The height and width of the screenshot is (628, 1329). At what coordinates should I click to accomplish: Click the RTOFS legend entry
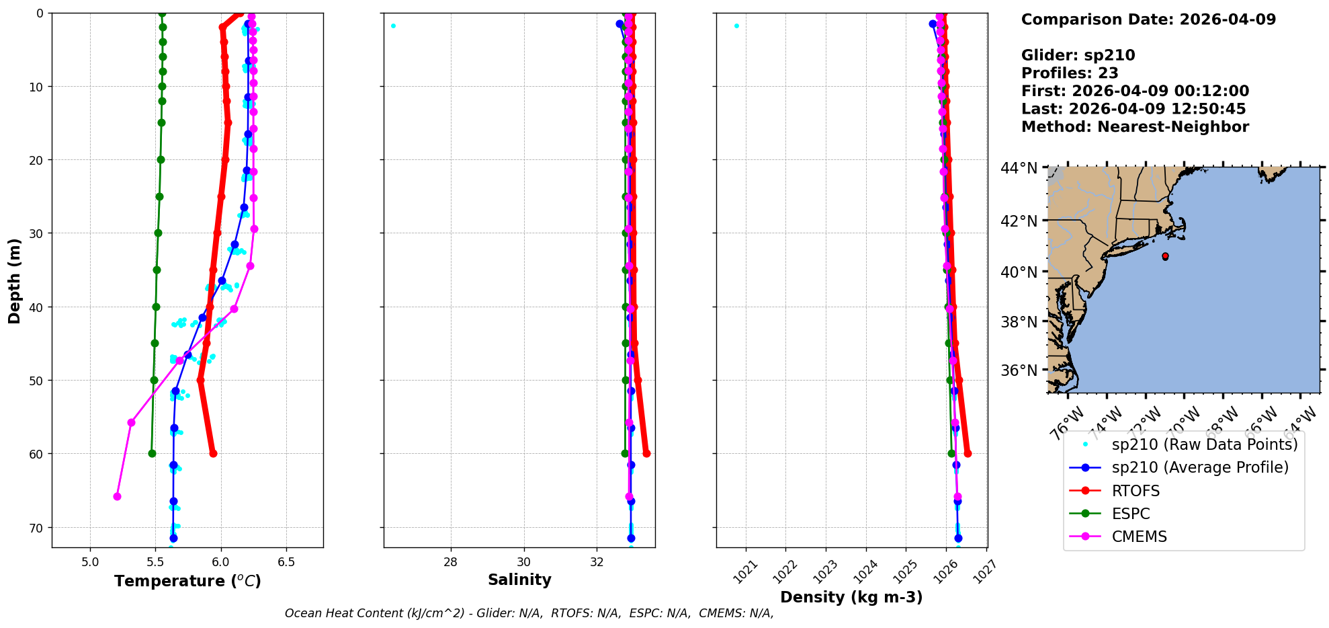pyautogui.click(x=1135, y=491)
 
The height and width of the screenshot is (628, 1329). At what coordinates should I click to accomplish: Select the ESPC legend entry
pyautogui.click(x=1131, y=514)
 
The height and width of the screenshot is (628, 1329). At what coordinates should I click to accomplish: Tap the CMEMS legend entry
pyautogui.click(x=1139, y=537)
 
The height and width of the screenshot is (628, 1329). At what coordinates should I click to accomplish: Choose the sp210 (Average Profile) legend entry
pyautogui.click(x=1200, y=467)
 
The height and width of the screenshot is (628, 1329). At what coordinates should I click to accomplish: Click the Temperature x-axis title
pyautogui.click(x=187, y=581)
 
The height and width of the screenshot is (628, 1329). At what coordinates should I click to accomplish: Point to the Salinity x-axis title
pyautogui.click(x=519, y=580)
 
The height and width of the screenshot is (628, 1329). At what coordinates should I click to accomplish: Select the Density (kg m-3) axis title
pyautogui.click(x=851, y=597)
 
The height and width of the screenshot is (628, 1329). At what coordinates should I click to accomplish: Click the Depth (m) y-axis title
pyautogui.click(x=15, y=280)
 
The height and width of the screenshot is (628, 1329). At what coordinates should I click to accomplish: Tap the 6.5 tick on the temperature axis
pyautogui.click(x=286, y=562)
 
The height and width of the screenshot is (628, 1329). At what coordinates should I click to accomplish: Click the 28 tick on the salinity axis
pyautogui.click(x=450, y=562)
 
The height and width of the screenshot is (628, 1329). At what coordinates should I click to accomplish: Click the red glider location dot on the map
pyautogui.click(x=1164, y=256)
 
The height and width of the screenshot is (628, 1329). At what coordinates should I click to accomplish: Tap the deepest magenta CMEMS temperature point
pyautogui.click(x=117, y=496)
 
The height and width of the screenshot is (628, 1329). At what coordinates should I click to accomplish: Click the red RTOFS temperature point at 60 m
pyautogui.click(x=213, y=453)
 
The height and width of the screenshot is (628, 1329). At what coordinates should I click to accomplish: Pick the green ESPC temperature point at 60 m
pyautogui.click(x=152, y=453)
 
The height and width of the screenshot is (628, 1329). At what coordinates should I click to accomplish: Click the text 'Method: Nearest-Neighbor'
pyautogui.click(x=1135, y=127)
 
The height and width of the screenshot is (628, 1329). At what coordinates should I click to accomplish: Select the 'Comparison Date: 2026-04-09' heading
pyautogui.click(x=1148, y=19)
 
